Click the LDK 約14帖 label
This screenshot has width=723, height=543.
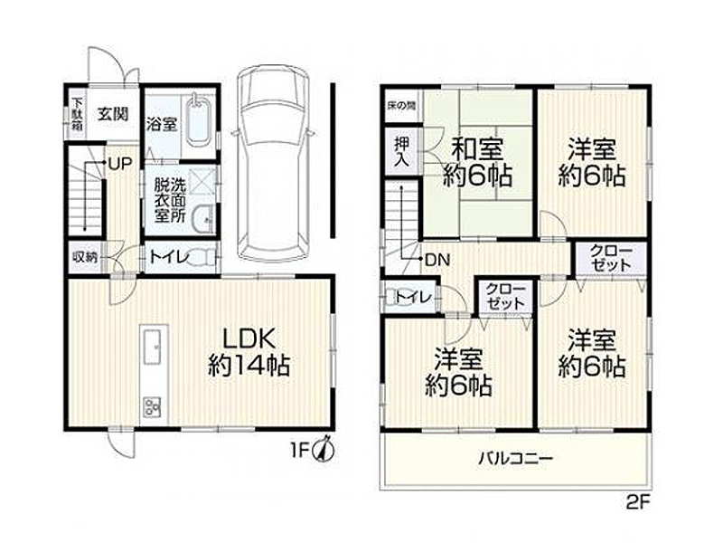[249, 352]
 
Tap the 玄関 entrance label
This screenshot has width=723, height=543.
[112, 114]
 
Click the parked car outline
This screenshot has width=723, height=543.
[273, 163]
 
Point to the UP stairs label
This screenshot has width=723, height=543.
[120, 163]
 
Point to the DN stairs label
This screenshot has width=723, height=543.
[437, 260]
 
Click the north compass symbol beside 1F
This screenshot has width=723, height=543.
[324, 447]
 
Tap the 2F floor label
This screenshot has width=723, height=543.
[638, 502]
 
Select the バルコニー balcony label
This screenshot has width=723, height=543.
[514, 459]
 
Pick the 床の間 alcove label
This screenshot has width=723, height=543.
[400, 105]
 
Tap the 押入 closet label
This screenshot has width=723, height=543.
[401, 152]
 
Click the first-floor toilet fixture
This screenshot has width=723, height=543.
[202, 256]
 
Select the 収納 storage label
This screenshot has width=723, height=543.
[85, 257]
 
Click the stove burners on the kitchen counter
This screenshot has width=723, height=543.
[153, 406]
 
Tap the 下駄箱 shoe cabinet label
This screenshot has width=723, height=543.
[77, 114]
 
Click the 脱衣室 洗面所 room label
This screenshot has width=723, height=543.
[170, 201]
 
